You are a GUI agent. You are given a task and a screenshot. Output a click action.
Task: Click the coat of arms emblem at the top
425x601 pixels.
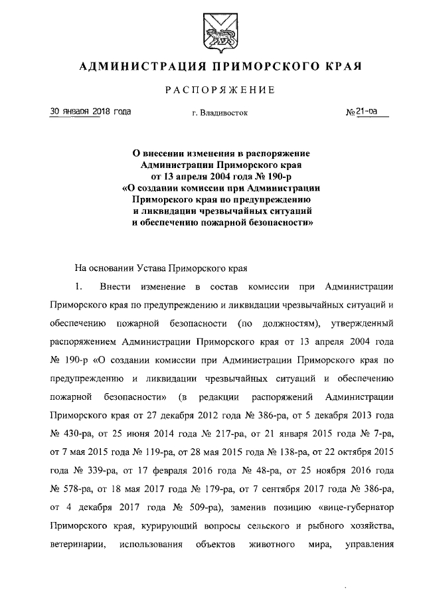point(212,31)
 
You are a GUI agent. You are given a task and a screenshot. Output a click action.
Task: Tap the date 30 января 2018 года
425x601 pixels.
point(90,112)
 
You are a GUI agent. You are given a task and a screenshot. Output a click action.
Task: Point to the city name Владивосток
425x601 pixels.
point(223,113)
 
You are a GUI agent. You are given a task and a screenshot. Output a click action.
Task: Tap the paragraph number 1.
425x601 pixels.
point(78,287)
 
